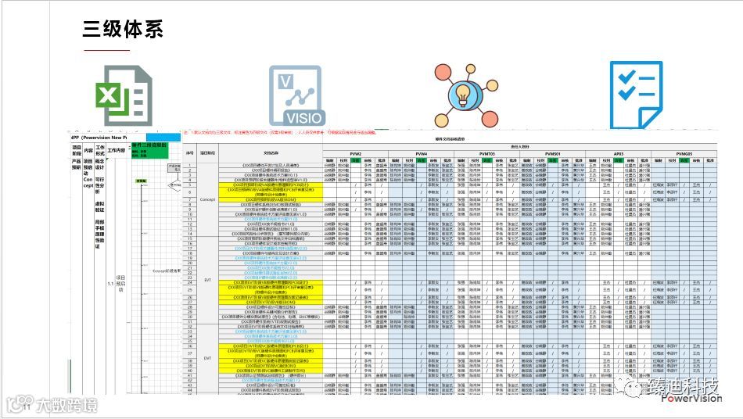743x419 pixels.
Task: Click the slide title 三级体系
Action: (123, 29)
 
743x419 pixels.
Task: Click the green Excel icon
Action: (123, 96)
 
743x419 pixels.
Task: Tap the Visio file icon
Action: (295, 97)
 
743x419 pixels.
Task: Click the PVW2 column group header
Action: (356, 154)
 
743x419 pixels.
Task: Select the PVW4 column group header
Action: (422, 154)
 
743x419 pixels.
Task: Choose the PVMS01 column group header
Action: (553, 154)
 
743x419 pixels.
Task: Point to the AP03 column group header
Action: (619, 154)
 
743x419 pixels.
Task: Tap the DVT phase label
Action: (207, 356)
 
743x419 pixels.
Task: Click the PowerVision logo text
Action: (691, 397)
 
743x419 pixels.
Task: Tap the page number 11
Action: (28, 407)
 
